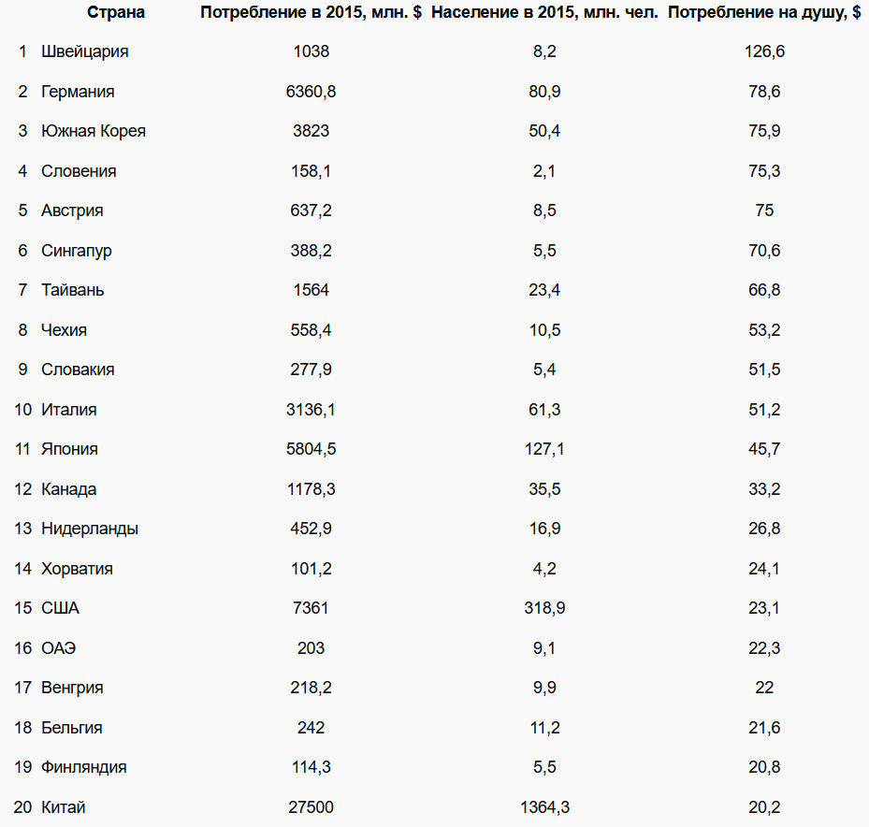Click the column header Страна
coord(116,12)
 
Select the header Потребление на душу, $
coord(764,12)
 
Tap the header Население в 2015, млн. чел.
coord(544,12)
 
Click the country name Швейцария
coord(85,51)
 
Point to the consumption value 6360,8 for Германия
coord(311,92)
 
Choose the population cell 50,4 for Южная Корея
coord(544,131)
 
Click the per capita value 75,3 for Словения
coord(764,171)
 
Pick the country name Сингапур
coord(77,251)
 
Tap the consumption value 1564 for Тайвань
coord(311,290)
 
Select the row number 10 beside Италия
coord(23,410)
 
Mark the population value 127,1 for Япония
coord(544,449)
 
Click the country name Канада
coord(69,489)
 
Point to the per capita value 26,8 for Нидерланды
coord(764,529)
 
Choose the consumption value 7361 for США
coord(311,608)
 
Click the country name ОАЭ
coord(59,648)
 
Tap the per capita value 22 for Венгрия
coord(764,688)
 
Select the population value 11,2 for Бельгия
coord(544,728)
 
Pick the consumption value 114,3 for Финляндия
coord(311,767)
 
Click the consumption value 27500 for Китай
coord(311,807)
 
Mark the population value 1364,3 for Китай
coord(544,807)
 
